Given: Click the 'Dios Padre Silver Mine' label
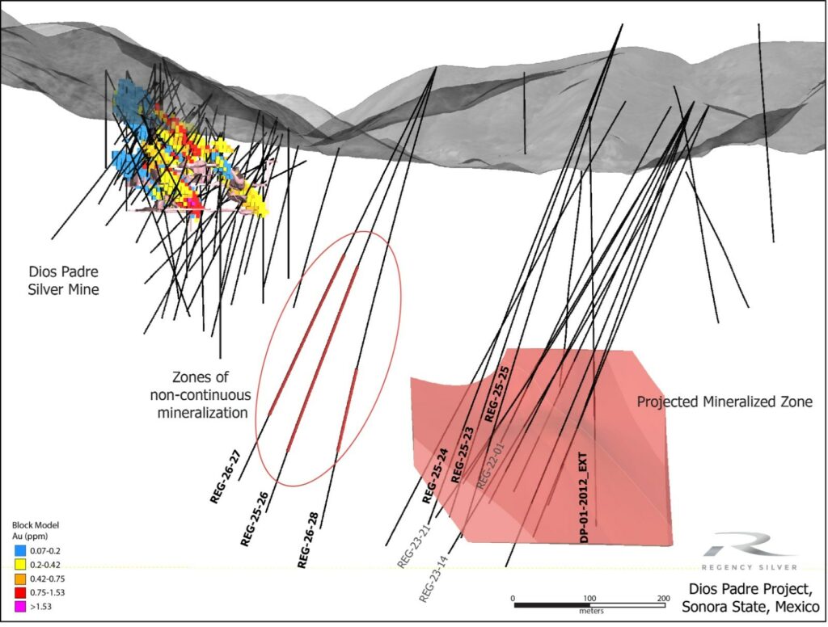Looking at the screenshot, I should click(59, 280).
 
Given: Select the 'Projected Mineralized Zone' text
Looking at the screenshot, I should click(724, 402).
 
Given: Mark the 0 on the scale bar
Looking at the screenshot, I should click(514, 598).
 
